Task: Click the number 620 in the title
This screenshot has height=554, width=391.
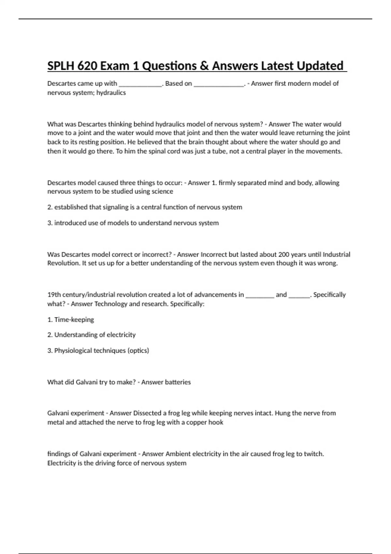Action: (87, 66)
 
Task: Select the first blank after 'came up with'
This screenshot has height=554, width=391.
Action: (140, 84)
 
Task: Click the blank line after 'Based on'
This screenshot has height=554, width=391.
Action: (219, 84)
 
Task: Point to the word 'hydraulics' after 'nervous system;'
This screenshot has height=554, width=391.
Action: (111, 93)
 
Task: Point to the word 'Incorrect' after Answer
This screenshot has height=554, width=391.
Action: (214, 255)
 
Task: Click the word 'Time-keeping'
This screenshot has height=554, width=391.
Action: (74, 320)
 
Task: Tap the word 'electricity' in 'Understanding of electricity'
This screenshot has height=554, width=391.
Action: (121, 335)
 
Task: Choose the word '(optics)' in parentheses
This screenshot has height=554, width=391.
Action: (138, 351)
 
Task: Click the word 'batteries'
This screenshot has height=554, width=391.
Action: (178, 382)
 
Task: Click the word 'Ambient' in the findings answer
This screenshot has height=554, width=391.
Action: (178, 454)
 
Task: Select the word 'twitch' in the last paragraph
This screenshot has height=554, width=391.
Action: (313, 454)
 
